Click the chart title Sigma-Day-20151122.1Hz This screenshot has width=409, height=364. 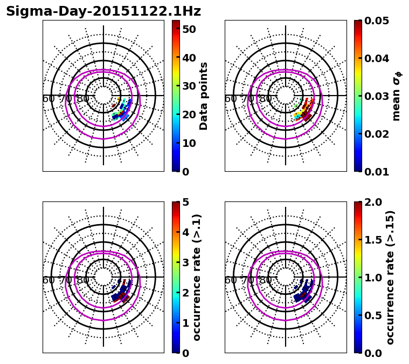(x=103, y=11)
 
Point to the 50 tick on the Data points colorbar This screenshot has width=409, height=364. (x=188, y=29)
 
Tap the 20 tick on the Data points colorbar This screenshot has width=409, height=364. (x=188, y=114)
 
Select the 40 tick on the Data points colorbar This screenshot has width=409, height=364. (x=188, y=58)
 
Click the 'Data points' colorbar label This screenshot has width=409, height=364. (x=204, y=96)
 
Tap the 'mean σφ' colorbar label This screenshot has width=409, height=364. (x=397, y=96)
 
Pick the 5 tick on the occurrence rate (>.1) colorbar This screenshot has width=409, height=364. (x=185, y=202)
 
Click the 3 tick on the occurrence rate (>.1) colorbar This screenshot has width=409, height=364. (x=185, y=262)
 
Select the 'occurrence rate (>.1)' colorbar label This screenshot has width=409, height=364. (x=197, y=277)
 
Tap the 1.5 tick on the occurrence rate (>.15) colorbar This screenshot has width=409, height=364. (x=372, y=240)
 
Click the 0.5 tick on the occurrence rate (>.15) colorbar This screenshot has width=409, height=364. (x=372, y=315)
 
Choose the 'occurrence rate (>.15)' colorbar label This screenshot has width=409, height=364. (x=390, y=277)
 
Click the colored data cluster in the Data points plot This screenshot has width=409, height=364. (x=121, y=111)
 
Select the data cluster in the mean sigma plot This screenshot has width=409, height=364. (x=304, y=110)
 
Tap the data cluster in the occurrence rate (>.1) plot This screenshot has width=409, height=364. (x=121, y=293)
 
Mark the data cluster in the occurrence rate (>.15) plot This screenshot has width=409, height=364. (x=303, y=292)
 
